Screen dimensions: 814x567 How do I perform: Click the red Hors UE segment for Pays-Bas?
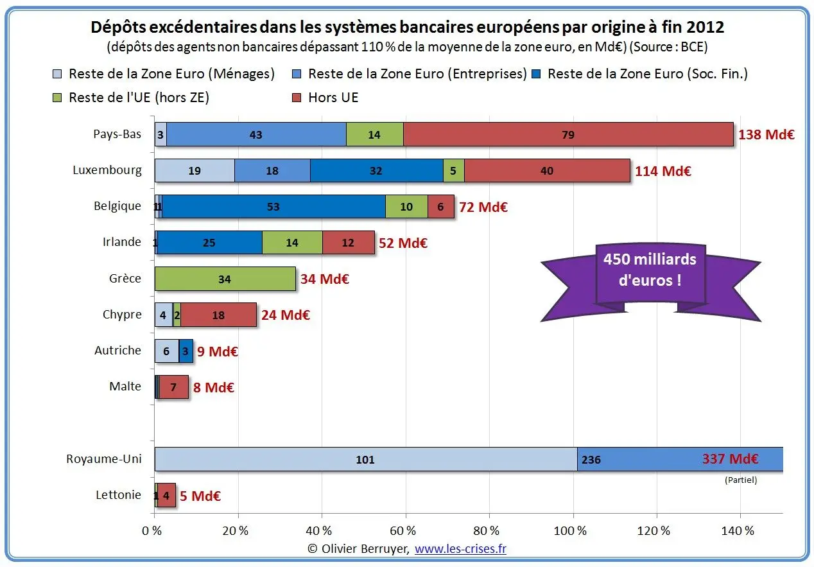point(568,134)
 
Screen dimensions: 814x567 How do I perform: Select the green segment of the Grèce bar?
point(225,279)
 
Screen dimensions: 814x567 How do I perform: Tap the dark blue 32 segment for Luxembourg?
point(376,170)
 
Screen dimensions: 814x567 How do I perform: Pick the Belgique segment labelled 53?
point(273,207)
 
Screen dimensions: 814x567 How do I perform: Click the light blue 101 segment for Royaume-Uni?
point(366,459)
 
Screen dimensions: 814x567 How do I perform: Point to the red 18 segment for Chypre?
point(218,315)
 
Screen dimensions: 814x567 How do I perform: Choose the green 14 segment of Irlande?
point(292,243)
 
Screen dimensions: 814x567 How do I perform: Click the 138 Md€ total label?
point(766,134)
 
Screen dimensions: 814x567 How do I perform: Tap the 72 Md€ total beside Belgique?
point(483,207)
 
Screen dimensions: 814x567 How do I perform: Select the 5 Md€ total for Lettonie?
point(200,496)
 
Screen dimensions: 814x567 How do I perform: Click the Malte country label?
point(125,386)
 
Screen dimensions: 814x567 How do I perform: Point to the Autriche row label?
point(117,350)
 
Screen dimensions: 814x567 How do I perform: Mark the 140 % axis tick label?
point(738,530)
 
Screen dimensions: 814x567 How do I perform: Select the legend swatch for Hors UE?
point(297,98)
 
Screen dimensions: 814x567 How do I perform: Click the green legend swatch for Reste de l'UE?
point(57,98)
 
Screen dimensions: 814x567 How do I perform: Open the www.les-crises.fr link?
point(460,548)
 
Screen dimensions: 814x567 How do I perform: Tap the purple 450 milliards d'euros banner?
point(650,276)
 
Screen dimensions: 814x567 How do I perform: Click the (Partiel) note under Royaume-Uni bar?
point(741,480)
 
